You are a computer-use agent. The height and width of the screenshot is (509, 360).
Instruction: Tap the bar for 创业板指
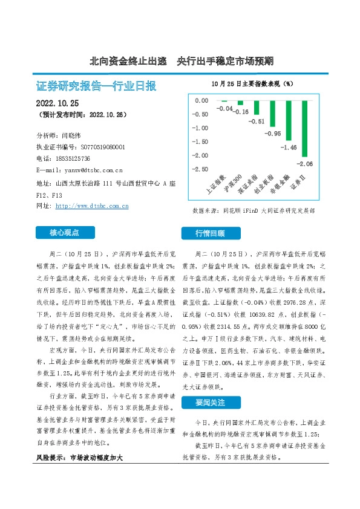click(272, 113)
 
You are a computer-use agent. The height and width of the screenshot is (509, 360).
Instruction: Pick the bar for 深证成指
click(257, 107)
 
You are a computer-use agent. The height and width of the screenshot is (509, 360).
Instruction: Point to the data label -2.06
click(305, 164)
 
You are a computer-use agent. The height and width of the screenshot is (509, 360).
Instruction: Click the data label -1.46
click(289, 147)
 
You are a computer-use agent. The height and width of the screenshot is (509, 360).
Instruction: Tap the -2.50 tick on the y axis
click(200, 169)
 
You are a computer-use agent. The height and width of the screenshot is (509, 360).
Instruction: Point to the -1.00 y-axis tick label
click(200, 128)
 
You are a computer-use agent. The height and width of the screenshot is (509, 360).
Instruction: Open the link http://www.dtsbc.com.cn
click(91, 206)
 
